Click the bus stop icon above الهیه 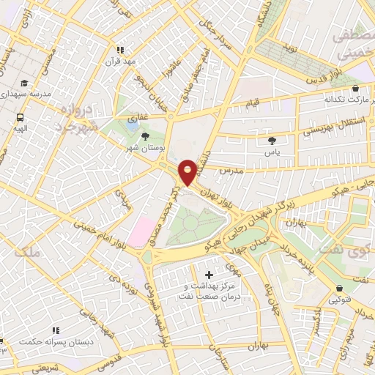[19, 116]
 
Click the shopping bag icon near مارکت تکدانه [355, 88]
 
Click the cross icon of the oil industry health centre [210, 274]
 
